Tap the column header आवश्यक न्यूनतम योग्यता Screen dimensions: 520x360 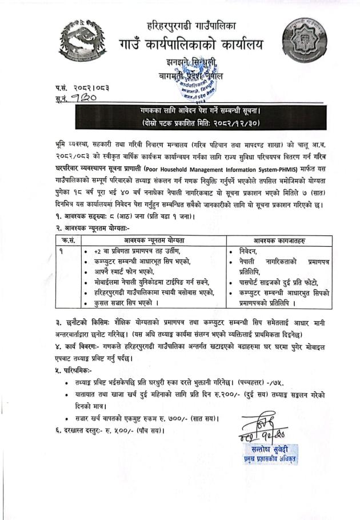tap(151, 240)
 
